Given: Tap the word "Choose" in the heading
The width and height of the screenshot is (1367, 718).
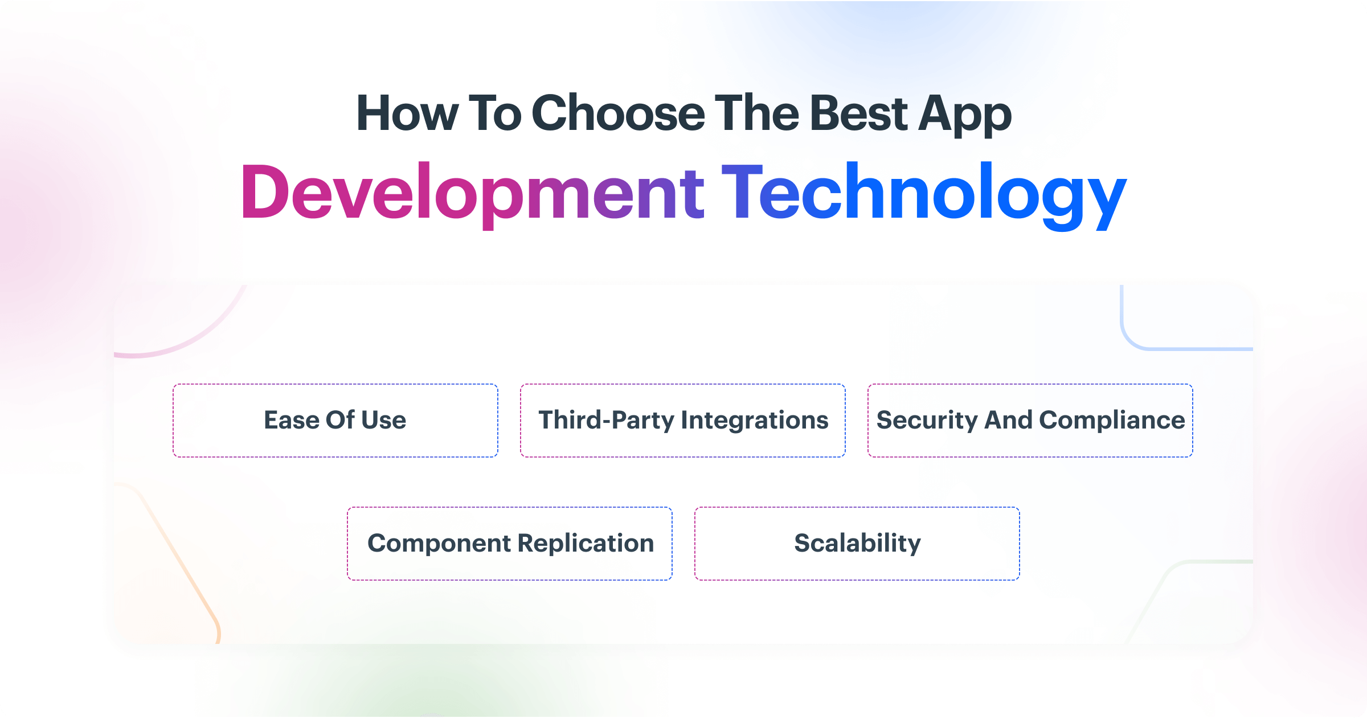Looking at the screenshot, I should point(618,114).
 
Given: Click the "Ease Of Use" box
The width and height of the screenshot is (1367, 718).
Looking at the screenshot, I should point(335,421).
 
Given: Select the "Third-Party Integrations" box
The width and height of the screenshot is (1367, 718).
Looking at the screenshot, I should point(683,421).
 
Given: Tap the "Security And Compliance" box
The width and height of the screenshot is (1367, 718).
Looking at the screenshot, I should point(1030,421).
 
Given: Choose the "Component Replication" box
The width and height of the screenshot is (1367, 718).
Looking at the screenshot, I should point(510,544).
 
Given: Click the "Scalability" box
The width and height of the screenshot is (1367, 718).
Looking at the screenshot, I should point(857,544).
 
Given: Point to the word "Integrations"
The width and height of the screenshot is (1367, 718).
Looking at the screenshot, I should point(755,421).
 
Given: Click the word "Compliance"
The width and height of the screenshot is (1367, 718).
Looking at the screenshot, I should point(1112,421).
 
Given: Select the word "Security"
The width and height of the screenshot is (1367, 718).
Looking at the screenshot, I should point(927,421).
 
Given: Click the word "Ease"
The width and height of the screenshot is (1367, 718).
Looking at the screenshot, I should point(291,421).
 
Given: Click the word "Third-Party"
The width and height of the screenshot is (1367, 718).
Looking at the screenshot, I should point(606,421).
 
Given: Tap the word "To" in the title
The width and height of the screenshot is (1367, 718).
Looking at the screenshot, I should point(494,114).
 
